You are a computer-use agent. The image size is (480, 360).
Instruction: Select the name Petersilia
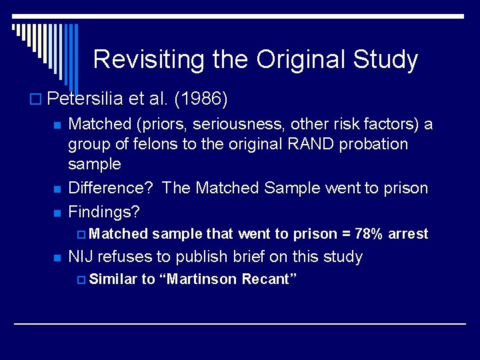point(86,100)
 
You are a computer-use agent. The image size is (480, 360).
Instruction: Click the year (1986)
point(200,100)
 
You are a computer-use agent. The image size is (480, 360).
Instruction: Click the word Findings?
point(104,212)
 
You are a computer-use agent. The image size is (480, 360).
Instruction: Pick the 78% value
point(369,234)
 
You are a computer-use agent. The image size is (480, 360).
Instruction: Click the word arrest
point(408,234)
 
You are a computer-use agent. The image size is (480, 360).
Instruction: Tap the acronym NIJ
point(81,257)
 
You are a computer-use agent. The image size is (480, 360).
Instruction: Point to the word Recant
point(267,279)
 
